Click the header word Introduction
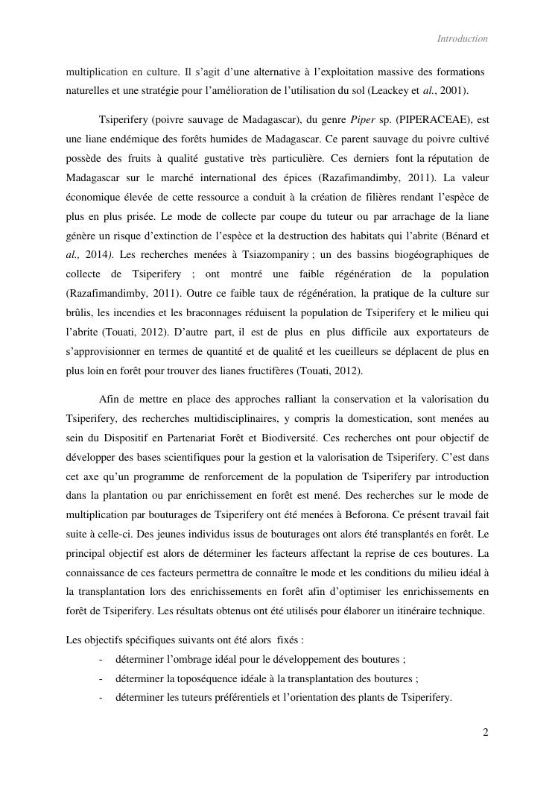click(462, 39)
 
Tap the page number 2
click(486, 732)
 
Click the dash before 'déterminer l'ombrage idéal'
click(101, 659)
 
